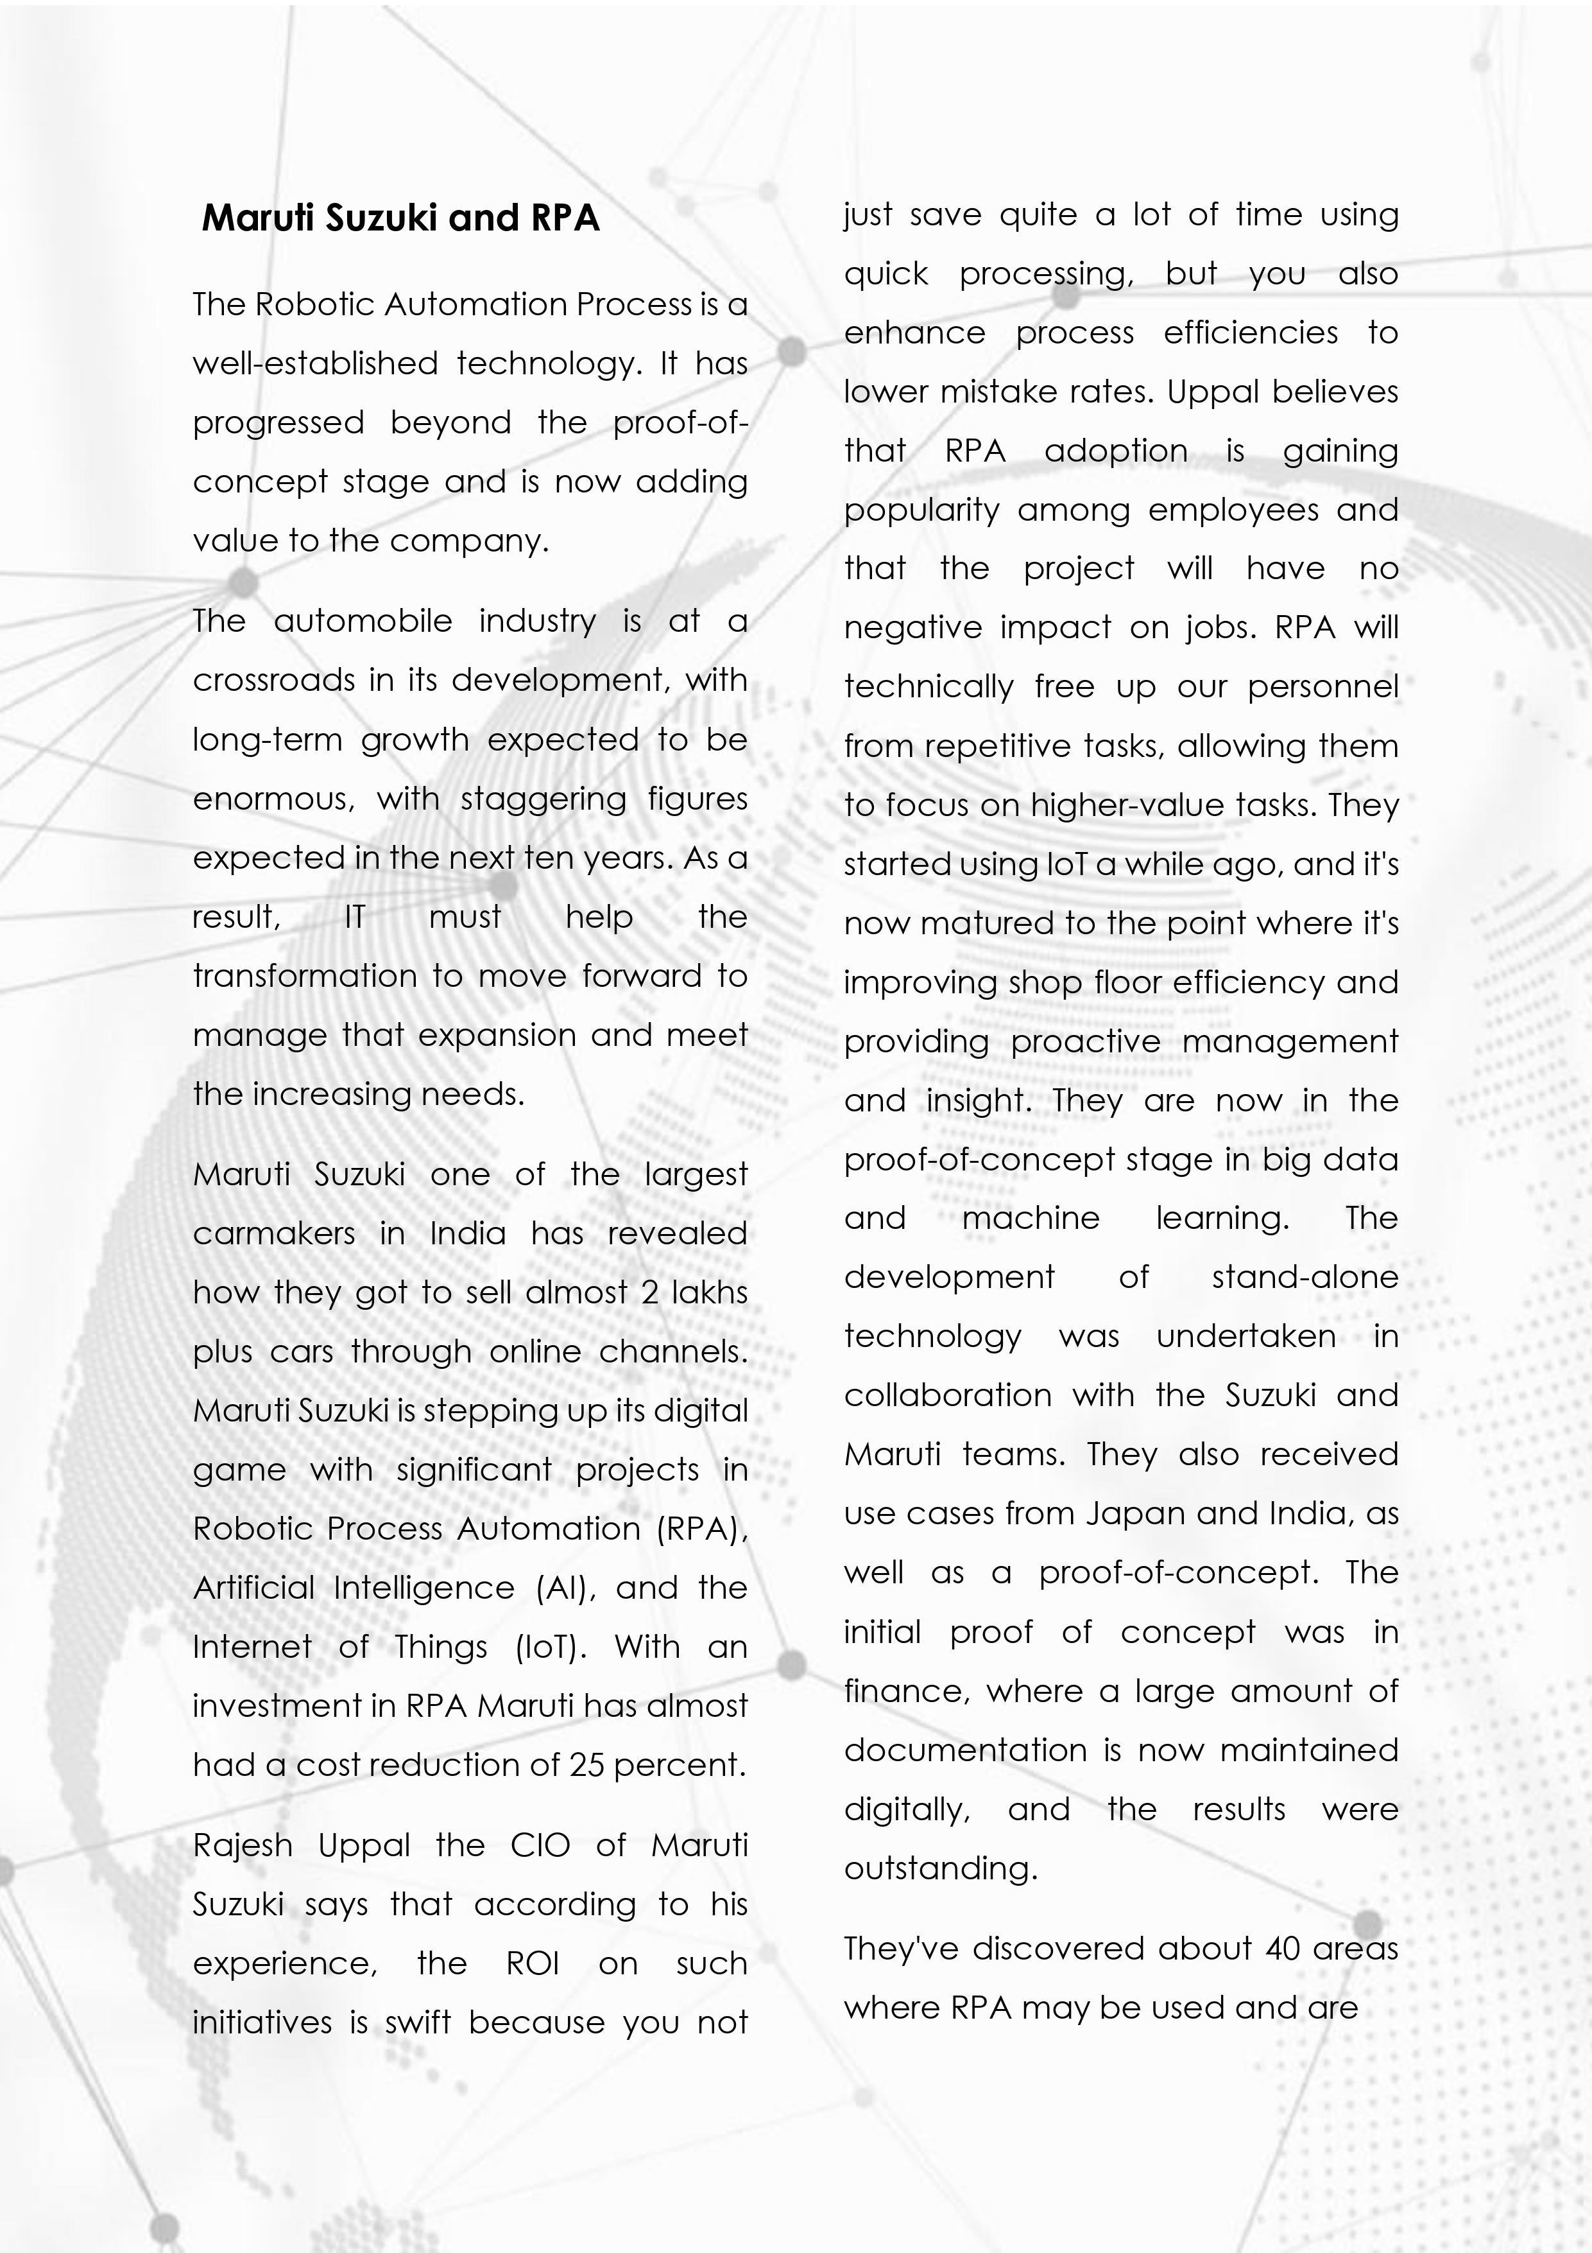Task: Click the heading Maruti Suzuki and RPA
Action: click(x=400, y=217)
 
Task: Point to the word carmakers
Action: click(x=273, y=1233)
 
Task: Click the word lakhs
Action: click(x=709, y=1292)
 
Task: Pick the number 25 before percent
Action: click(x=586, y=1765)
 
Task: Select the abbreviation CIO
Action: click(x=540, y=1845)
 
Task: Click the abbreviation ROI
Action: click(x=533, y=1963)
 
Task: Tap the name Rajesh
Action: click(x=243, y=1845)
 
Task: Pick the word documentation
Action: click(x=965, y=1750)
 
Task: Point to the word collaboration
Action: click(x=948, y=1395)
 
